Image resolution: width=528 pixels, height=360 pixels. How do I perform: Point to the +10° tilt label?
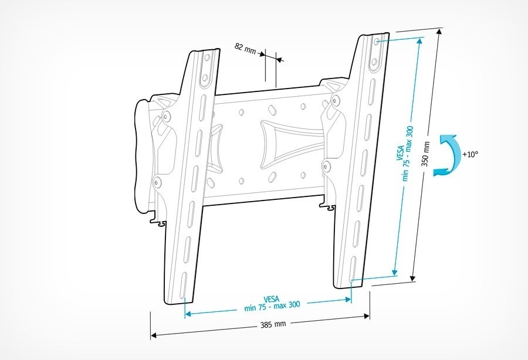pyautogui.click(x=471, y=154)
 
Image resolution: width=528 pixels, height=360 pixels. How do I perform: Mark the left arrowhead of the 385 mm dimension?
pyautogui.click(x=154, y=336)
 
